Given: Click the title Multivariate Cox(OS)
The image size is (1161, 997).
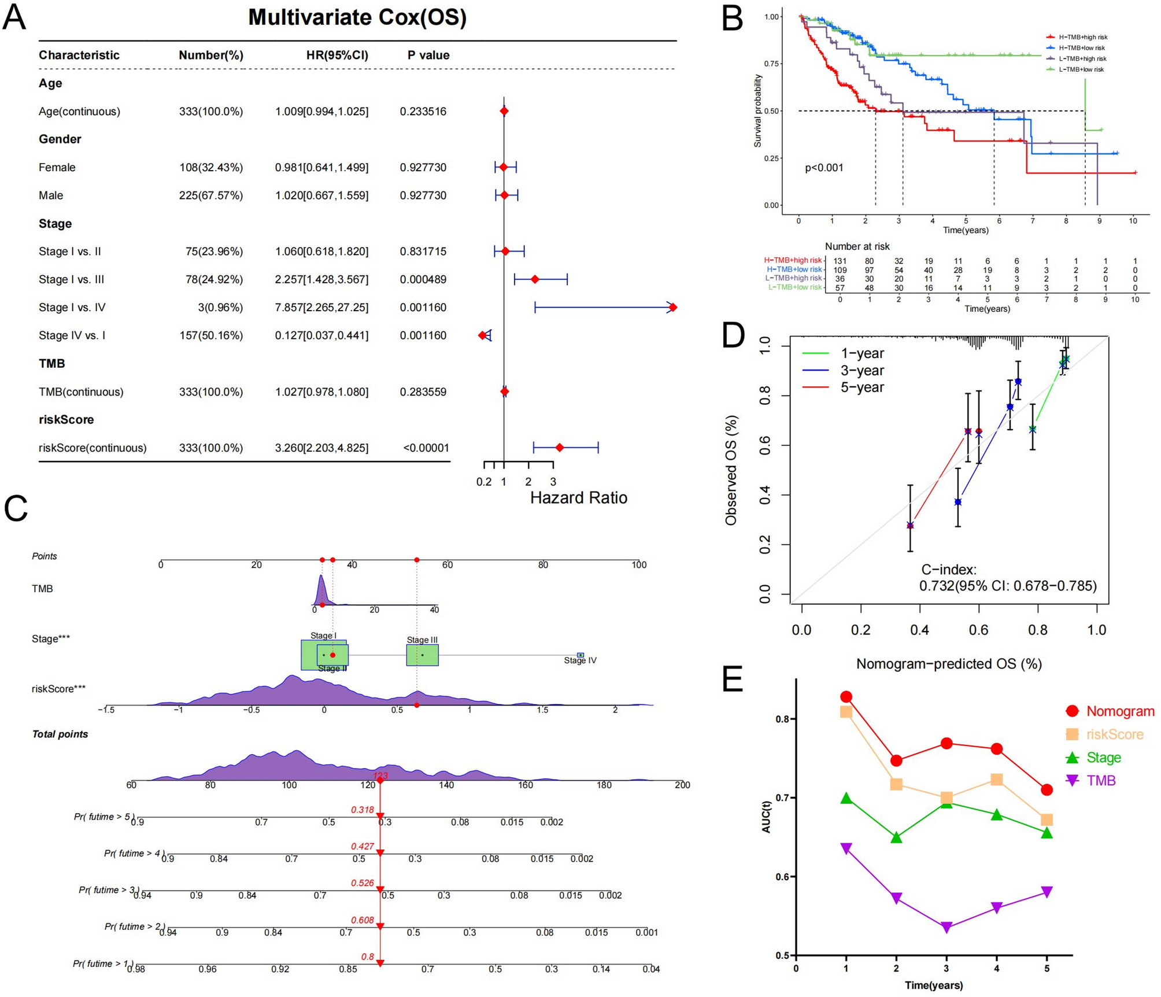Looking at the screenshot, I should click(357, 17).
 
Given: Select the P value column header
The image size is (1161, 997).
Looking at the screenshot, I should click(428, 56).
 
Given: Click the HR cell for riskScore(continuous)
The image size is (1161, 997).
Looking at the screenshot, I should click(321, 448).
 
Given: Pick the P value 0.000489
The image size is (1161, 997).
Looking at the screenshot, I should click(423, 279).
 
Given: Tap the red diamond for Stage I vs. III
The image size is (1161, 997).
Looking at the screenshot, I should click(535, 279).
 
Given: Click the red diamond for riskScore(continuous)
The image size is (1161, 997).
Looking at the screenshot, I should click(559, 448).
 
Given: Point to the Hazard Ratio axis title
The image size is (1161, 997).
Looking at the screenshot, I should click(578, 498).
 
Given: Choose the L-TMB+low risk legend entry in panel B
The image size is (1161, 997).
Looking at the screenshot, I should click(1081, 69).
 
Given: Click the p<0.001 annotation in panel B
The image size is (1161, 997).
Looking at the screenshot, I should click(824, 168).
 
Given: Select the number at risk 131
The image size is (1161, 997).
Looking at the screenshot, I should click(840, 261).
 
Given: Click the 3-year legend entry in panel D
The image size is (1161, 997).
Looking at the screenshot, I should click(861, 370).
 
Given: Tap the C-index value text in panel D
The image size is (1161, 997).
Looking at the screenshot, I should click(1007, 586).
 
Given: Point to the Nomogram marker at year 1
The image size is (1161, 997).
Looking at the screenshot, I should click(846, 697).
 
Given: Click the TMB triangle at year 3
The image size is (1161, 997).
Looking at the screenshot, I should click(946, 928).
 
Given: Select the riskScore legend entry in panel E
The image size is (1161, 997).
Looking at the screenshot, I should click(1114, 734).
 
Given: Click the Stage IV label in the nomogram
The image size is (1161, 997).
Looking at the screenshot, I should click(580, 660).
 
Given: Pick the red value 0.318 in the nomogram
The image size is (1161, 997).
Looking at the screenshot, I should click(362, 810).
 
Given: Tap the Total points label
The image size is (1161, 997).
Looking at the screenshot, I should click(60, 734).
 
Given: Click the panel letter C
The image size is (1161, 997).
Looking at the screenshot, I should click(16, 509).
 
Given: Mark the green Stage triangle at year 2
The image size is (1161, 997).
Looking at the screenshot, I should click(896, 837).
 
